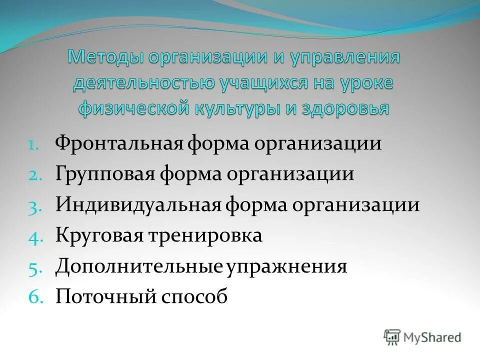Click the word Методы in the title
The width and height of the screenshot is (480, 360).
coord(103,57)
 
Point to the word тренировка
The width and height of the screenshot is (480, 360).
coord(204,235)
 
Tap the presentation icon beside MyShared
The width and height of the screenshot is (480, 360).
coord(392,337)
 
